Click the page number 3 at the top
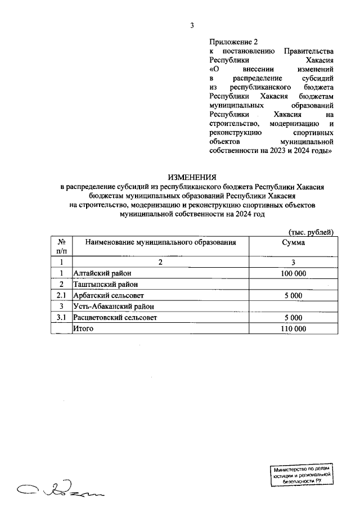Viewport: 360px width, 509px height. pyautogui.click(x=192, y=25)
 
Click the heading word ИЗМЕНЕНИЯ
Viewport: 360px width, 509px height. pyautogui.click(x=192, y=176)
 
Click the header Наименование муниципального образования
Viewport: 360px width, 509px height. pyautogui.click(x=160, y=242)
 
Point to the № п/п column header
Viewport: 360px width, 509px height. pyautogui.click(x=61, y=246)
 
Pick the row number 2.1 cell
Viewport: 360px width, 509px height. pyautogui.click(x=61, y=295)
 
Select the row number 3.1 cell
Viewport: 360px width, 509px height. pyautogui.click(x=61, y=318)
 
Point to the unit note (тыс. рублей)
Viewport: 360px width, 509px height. pyautogui.click(x=311, y=232)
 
